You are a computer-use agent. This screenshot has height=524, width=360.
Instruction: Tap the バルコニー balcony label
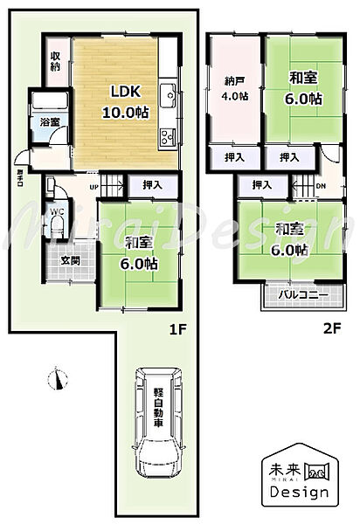point(303,295)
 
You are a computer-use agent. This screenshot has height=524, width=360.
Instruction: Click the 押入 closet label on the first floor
point(153,184)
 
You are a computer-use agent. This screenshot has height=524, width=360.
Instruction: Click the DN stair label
point(321,185)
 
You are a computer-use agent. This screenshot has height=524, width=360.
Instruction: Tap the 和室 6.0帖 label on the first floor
point(140,252)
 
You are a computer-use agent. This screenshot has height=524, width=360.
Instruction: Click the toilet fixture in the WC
point(58,224)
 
